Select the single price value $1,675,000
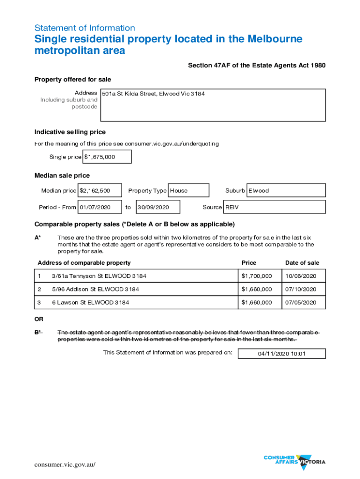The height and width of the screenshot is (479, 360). point(100,157)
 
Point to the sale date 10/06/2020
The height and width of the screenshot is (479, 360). point(301,276)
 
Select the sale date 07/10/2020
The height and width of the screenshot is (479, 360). point(301,290)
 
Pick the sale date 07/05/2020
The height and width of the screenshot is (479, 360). point(301,303)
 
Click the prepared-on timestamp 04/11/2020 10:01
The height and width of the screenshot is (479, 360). point(281,354)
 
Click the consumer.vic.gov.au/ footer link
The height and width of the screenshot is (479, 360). point(65,464)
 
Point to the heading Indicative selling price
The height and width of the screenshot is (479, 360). point(70,132)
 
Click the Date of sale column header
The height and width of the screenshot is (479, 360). point(302,263)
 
